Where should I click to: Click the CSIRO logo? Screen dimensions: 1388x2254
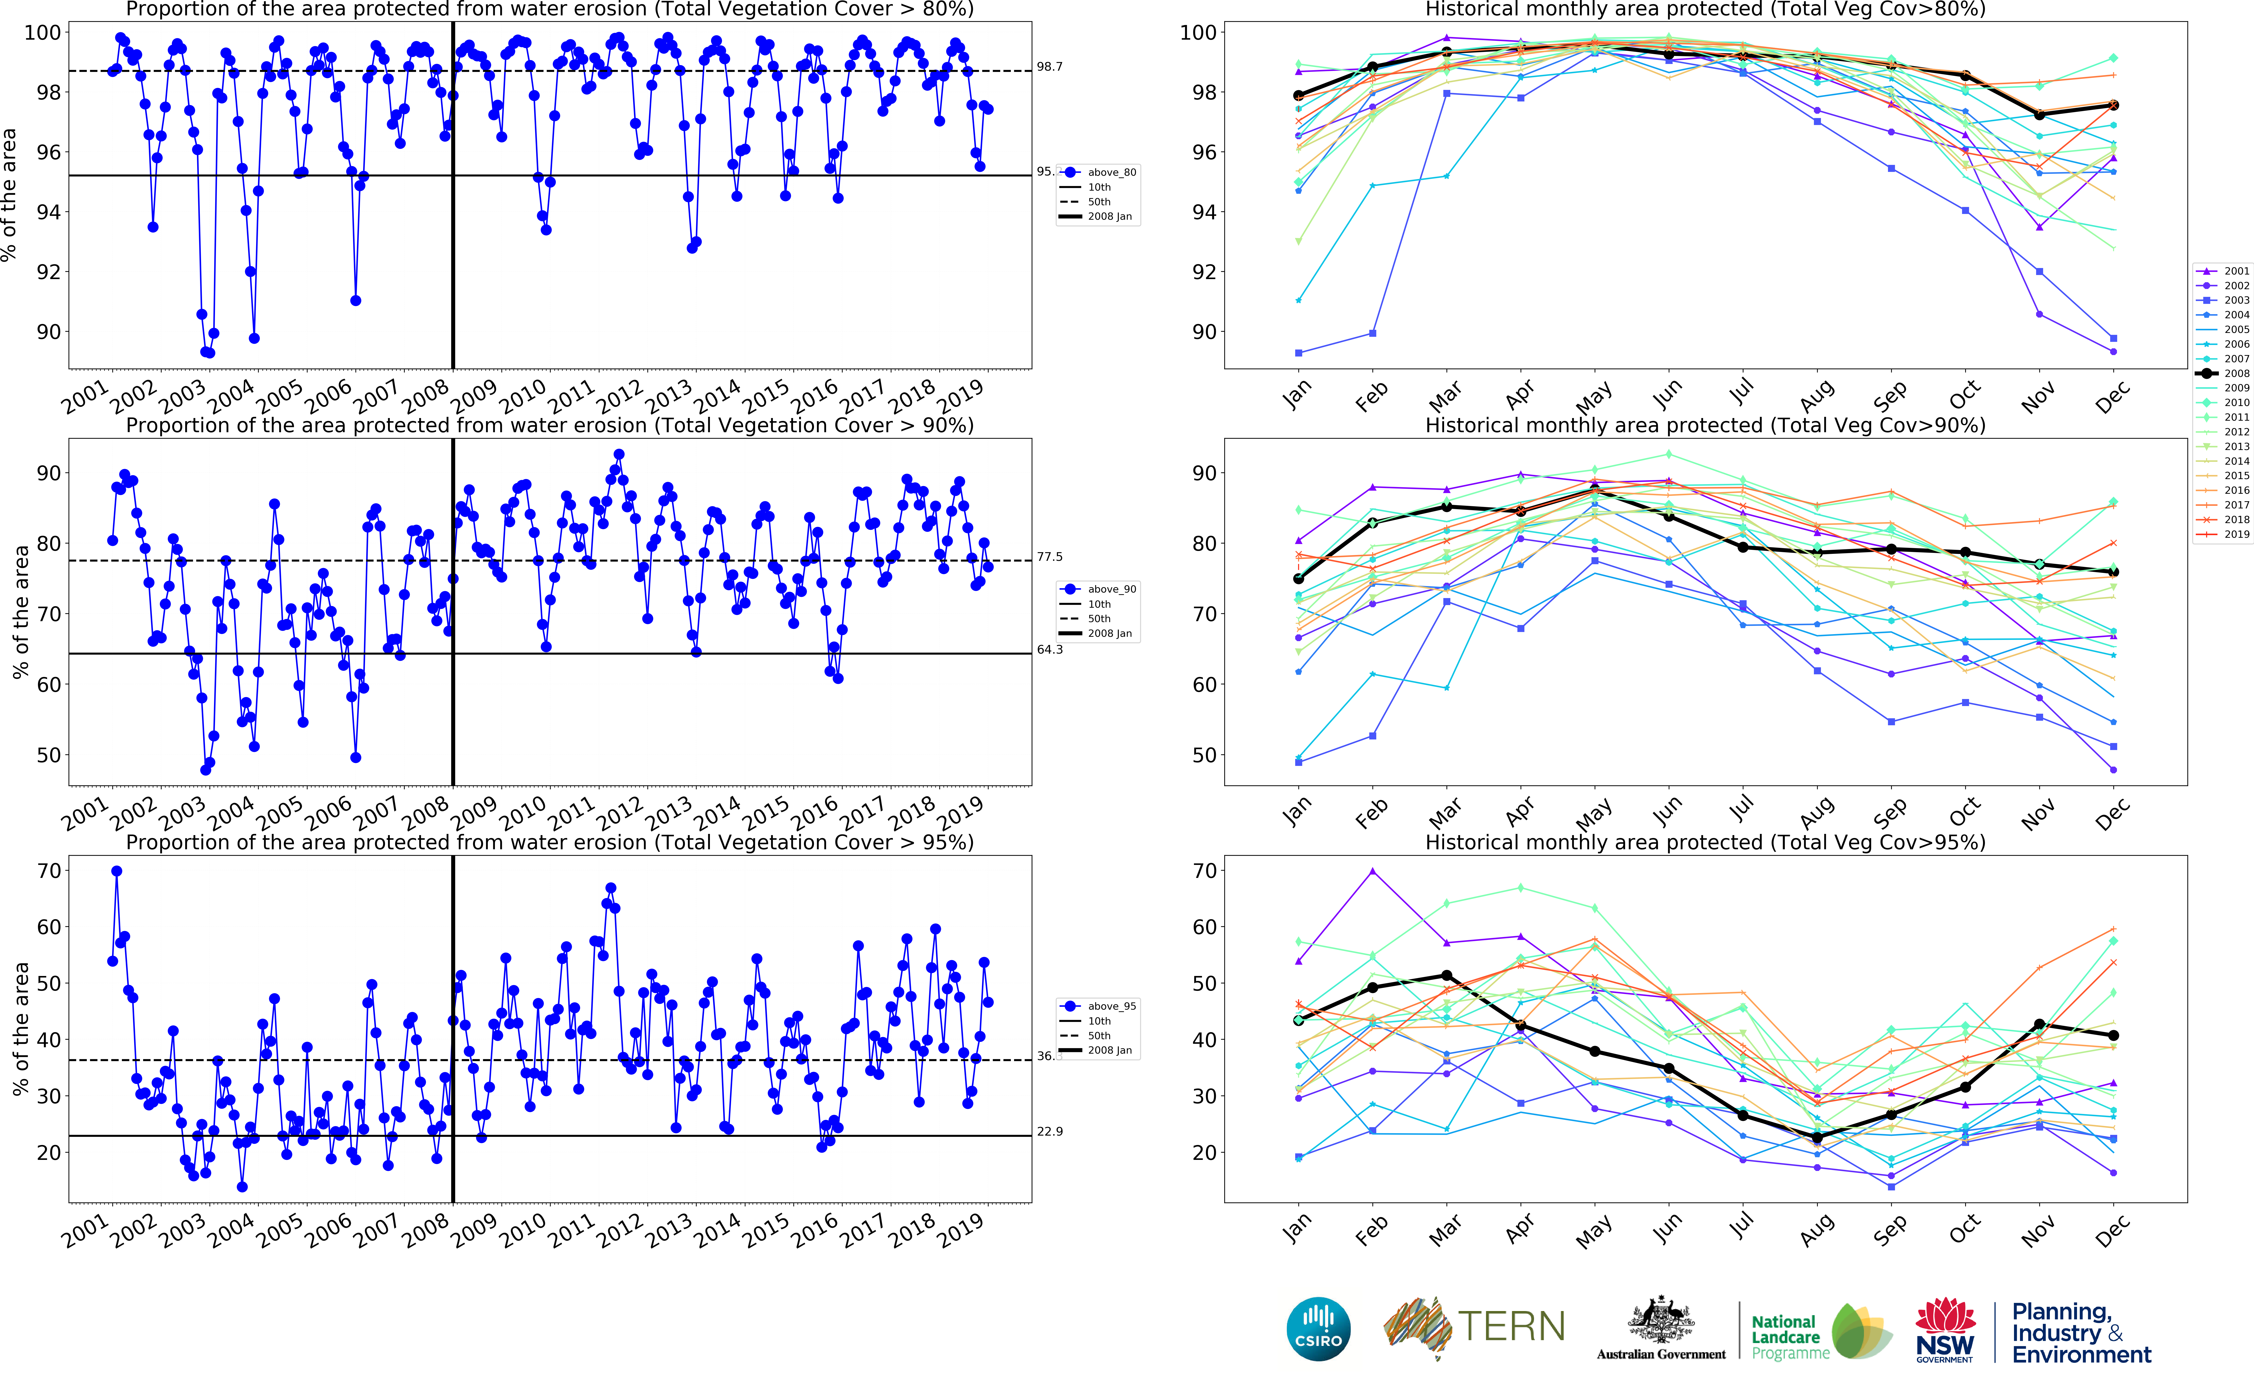[x=1319, y=1328]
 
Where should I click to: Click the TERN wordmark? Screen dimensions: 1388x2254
[x=1511, y=1326]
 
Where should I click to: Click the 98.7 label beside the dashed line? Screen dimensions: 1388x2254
[x=1049, y=67]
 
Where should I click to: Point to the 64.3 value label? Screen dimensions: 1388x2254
[x=1049, y=650]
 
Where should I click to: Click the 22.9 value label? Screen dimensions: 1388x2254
[x=1049, y=1132]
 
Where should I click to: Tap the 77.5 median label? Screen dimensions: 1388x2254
[x=1049, y=557]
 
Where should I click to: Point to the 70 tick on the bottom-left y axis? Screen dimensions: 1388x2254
[x=49, y=871]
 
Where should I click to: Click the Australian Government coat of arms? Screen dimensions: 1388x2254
[x=1660, y=1322]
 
